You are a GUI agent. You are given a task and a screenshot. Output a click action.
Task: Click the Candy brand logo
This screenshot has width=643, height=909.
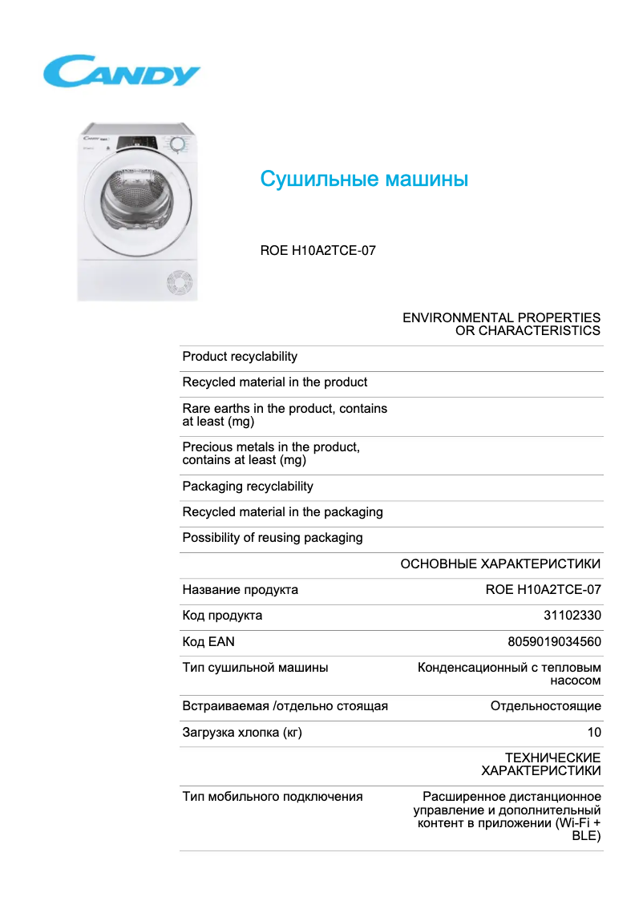pos(121,71)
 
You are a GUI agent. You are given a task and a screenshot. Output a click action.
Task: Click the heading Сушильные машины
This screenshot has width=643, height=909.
pos(364,179)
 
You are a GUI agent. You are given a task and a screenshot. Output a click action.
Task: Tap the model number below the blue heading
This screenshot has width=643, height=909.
pos(317,250)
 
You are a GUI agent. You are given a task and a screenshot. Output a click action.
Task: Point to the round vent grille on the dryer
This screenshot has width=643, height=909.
pos(179,283)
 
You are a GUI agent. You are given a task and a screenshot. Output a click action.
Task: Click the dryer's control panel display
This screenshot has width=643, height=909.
pos(140,144)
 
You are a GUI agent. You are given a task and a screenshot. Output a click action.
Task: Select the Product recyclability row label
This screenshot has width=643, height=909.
pos(240,357)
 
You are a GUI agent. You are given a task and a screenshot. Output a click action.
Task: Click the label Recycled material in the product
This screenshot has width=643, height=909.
pos(275,382)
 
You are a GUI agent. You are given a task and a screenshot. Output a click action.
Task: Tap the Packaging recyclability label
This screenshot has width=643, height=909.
pos(248,487)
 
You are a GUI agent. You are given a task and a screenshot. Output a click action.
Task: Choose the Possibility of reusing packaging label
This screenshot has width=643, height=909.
pos(273,538)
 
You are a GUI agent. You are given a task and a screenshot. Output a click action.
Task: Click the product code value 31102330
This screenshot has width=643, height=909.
pos(572,616)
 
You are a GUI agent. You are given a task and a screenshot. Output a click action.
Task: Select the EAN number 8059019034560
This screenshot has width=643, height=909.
pos(554,641)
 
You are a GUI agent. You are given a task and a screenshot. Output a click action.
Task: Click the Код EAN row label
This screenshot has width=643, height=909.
pos(208,641)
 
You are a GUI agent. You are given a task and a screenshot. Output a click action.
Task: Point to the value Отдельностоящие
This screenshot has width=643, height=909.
pos(545,706)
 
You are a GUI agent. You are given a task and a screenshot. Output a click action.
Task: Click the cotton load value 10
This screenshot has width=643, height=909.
pos(594,732)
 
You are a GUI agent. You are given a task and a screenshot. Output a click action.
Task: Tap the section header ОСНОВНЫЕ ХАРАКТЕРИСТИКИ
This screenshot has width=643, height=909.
pos(500,564)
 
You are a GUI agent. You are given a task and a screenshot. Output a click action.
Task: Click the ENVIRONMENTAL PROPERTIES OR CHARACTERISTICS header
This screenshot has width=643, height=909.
pos(501,324)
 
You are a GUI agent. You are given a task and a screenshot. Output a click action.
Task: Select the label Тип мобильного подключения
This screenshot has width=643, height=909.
pos(273,797)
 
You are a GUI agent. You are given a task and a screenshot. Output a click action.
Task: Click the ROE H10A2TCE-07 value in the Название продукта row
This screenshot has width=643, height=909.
pos(543,590)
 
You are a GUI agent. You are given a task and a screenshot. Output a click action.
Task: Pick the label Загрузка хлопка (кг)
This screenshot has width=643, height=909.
pos(242,732)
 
